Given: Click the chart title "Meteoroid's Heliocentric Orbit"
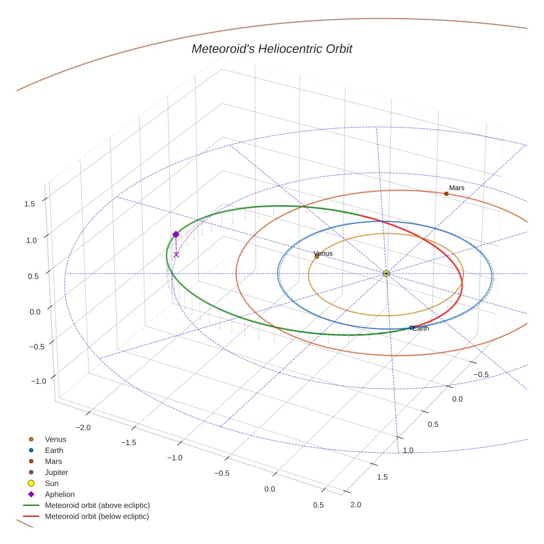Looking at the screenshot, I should coord(271,49).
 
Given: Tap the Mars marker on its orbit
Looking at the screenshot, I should coord(446,193).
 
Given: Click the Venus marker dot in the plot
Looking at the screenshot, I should coord(317,257).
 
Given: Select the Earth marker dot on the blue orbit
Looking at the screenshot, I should coord(411,328).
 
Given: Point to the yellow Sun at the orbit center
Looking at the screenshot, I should coord(386,274).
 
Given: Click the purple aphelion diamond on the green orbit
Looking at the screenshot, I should coord(176,234).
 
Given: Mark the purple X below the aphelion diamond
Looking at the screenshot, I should coord(176,254).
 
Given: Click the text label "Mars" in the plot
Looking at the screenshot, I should coord(457,188).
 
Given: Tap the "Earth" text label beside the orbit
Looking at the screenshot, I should coord(421,328).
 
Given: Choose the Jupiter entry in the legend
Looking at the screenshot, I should coord(56,473).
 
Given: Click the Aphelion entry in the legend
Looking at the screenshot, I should coord(60,495).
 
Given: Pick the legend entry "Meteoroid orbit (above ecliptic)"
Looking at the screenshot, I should coord(97,505).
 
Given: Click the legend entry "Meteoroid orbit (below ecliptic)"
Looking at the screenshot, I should coord(97,516).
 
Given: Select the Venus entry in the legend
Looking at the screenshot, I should coord(55,440).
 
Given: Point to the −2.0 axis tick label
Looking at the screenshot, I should coord(83,427).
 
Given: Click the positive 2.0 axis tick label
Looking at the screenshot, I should coord(355,504).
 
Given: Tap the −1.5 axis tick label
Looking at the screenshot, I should coord(128,442).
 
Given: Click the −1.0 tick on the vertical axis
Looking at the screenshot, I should coord(38,381).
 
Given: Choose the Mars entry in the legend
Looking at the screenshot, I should coord(53,462).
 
